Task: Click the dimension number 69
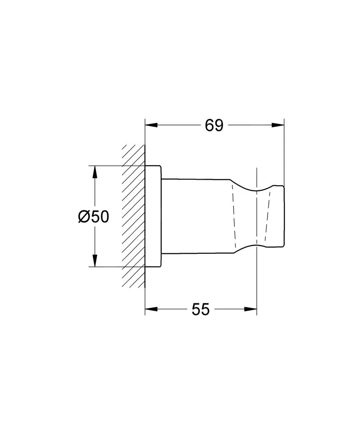tap(214, 126)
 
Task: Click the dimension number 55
tap(200, 310)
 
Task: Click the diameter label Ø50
tap(94, 217)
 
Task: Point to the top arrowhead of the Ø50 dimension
tap(95, 172)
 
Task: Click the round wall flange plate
tap(153, 216)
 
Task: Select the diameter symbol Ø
tap(84, 217)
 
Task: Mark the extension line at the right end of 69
tap(284, 152)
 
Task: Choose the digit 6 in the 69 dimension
tap(209, 126)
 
